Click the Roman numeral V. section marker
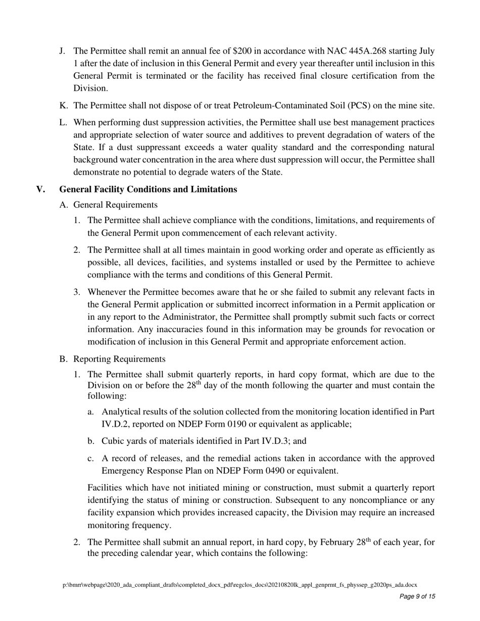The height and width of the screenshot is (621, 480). click(x=41, y=189)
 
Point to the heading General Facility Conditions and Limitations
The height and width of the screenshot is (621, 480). click(x=148, y=189)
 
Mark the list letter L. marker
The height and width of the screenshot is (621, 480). click(x=63, y=123)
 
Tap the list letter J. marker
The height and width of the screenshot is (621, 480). click(x=63, y=51)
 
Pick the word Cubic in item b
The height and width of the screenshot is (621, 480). click(x=112, y=441)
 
